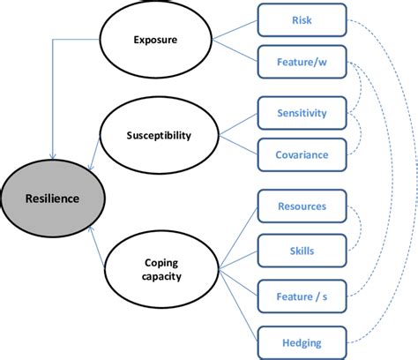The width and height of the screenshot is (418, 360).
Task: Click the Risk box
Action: click(300, 20)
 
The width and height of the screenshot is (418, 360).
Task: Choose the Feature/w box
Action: click(300, 63)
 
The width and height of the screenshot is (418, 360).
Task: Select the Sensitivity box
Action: click(302, 113)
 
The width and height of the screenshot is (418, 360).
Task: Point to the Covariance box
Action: click(302, 154)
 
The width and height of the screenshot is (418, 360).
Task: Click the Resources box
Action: click(302, 206)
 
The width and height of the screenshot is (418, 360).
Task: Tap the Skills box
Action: click(302, 250)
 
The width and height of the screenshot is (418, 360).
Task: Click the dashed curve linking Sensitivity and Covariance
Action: click(362, 134)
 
